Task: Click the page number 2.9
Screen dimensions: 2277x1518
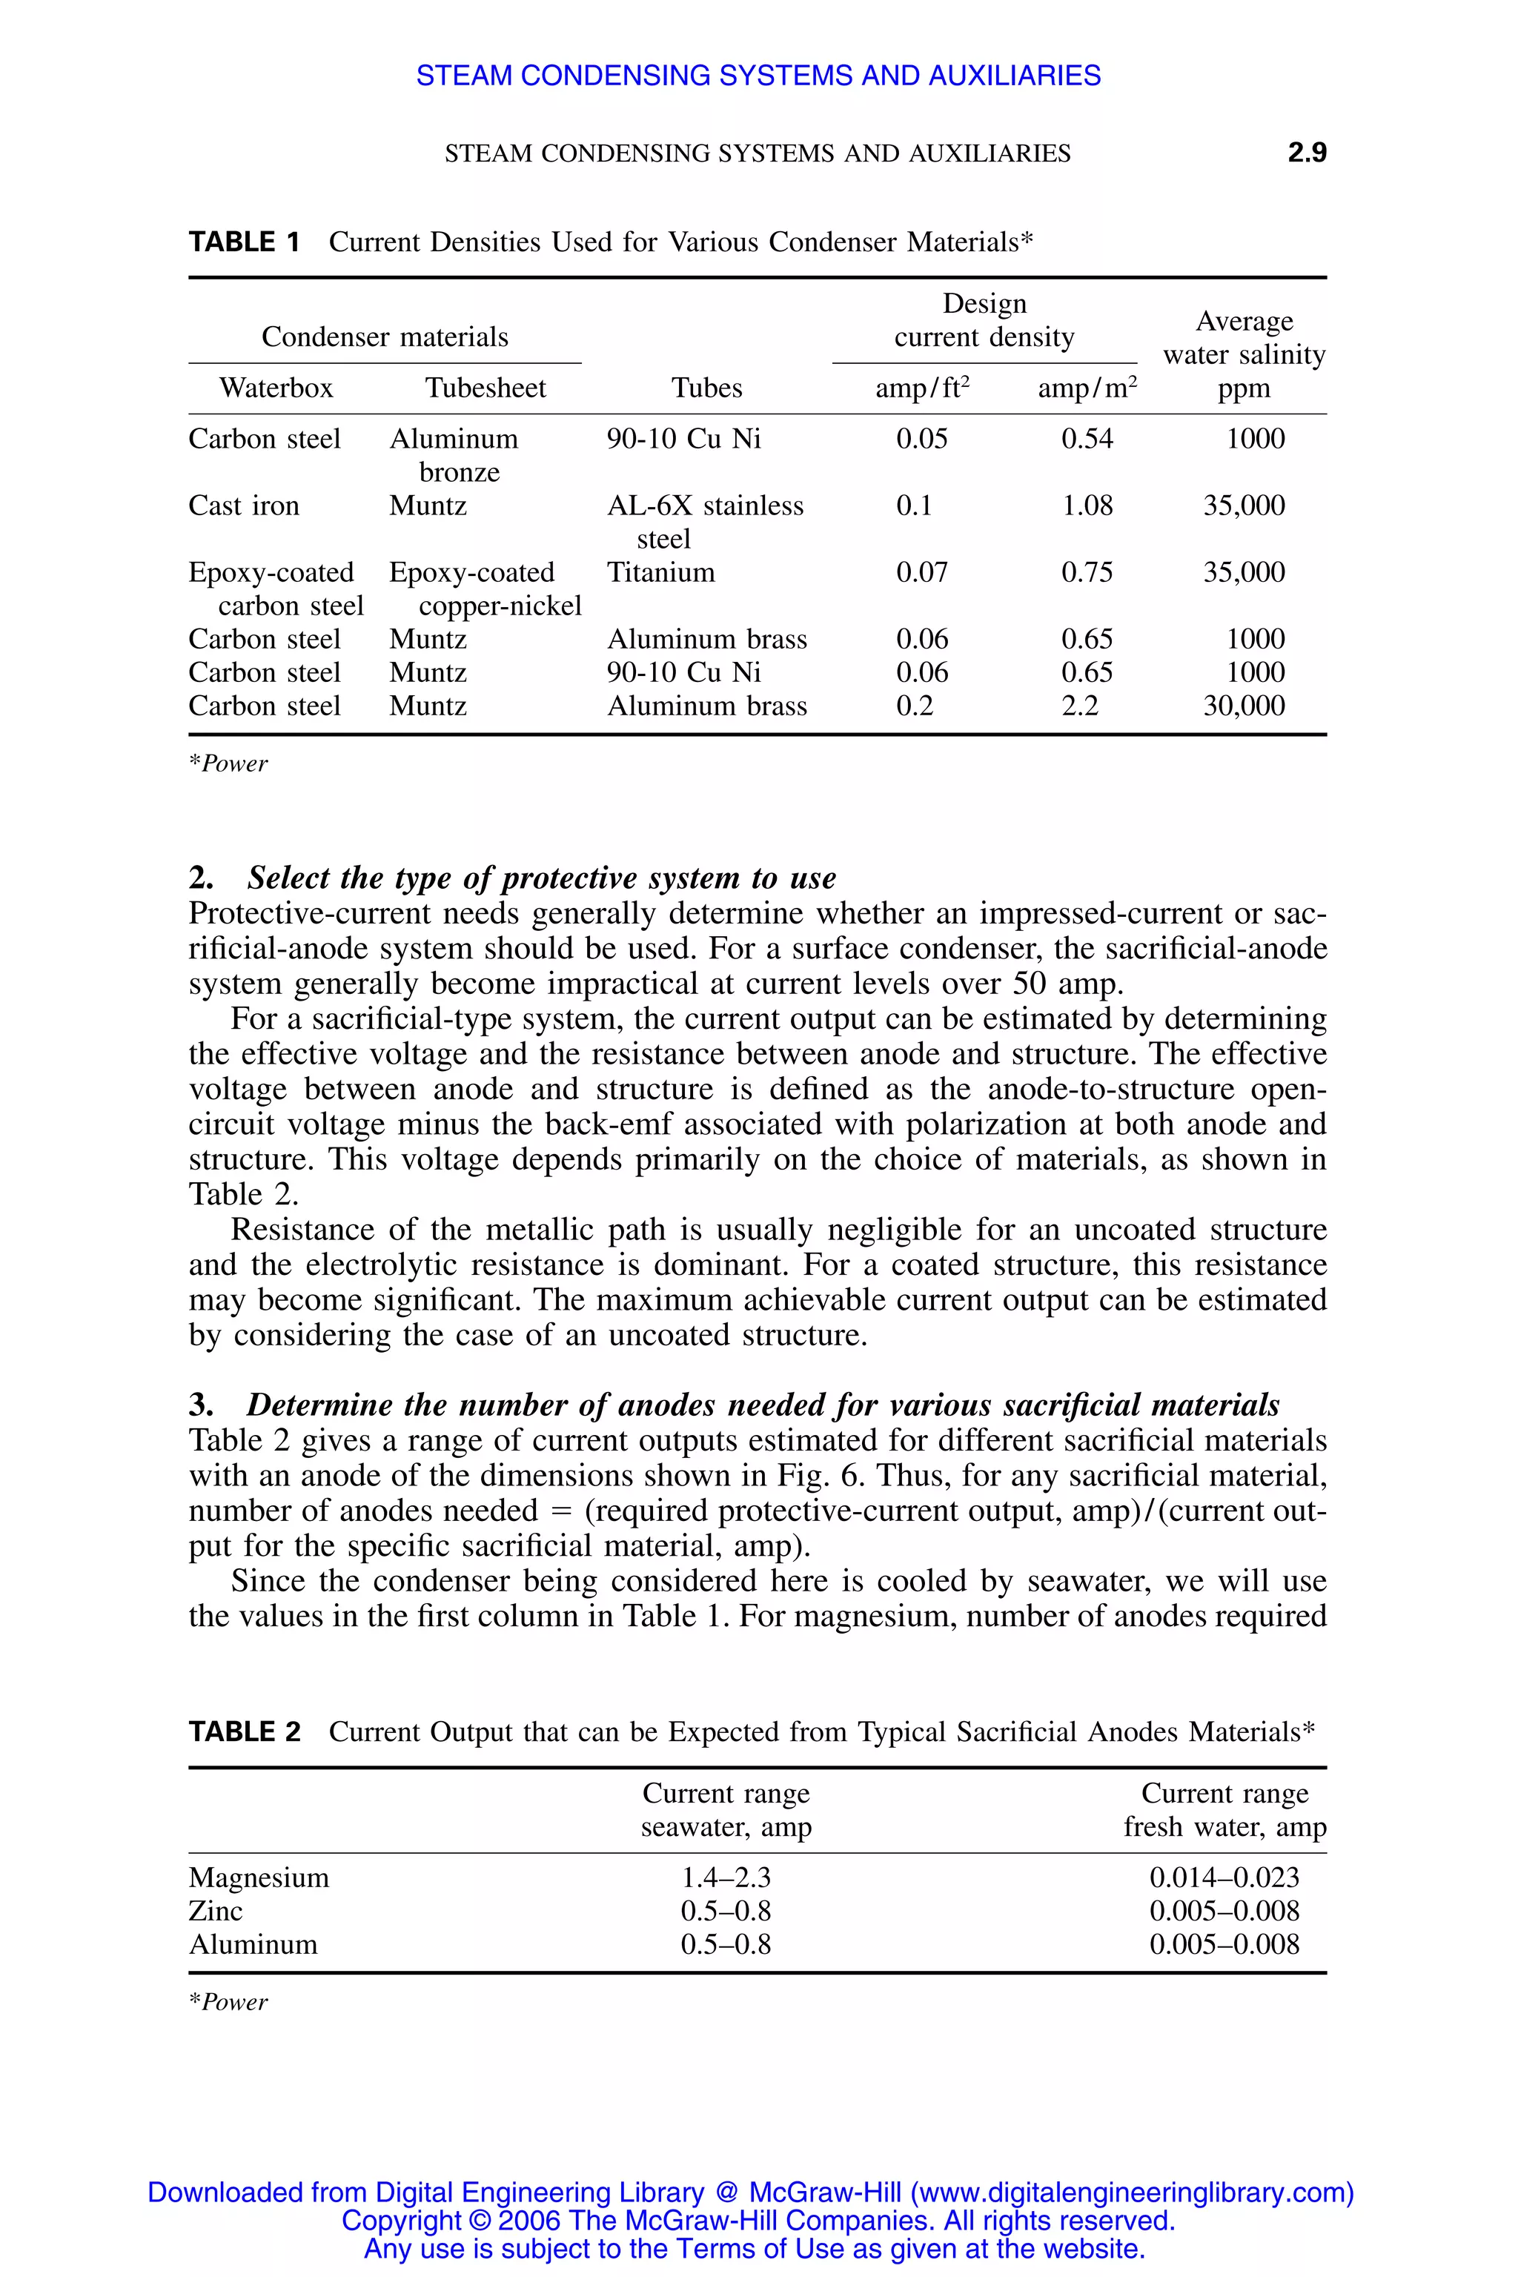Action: click(x=1306, y=153)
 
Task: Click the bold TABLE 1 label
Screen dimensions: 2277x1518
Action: click(x=244, y=242)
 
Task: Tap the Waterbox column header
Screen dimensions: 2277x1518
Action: click(x=276, y=388)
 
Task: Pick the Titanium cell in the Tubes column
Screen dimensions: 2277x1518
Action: click(x=660, y=572)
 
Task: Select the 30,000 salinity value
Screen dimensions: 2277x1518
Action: click(x=1243, y=706)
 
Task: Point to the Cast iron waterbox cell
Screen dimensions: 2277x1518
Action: click(x=244, y=506)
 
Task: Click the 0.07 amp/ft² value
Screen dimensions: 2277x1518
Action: click(x=921, y=572)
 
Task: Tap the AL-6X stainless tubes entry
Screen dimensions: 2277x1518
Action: click(x=705, y=506)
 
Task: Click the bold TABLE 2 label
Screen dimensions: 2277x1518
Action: click(x=244, y=1732)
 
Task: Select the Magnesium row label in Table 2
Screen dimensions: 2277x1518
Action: click(x=259, y=1877)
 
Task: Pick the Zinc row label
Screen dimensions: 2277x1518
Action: click(x=215, y=1911)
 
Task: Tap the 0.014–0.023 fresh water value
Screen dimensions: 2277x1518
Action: click(x=1224, y=1877)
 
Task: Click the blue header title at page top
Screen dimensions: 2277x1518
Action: click(x=758, y=76)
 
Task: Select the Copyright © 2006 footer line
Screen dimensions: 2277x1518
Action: click(x=758, y=2220)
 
